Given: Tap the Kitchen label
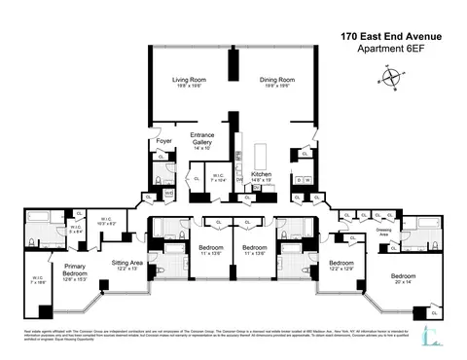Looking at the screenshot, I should point(261,175).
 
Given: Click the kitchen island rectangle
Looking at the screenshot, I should point(260,156).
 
